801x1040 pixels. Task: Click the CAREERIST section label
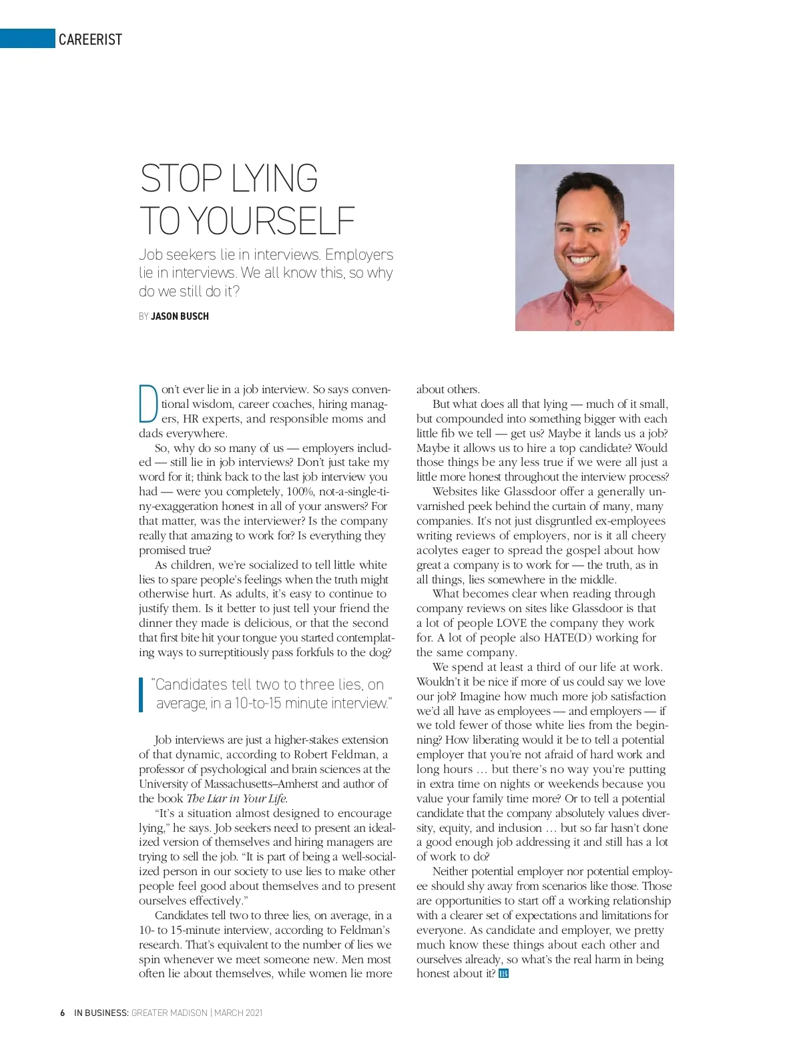90,39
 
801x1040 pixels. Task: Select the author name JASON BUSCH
180,316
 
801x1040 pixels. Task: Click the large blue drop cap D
148,403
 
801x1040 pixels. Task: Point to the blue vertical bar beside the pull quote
142,694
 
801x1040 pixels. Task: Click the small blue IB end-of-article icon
503,974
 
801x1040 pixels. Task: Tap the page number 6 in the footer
62,1013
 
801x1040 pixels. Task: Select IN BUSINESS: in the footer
101,1013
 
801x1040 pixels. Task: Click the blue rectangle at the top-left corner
27,39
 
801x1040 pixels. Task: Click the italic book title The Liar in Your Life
236,799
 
